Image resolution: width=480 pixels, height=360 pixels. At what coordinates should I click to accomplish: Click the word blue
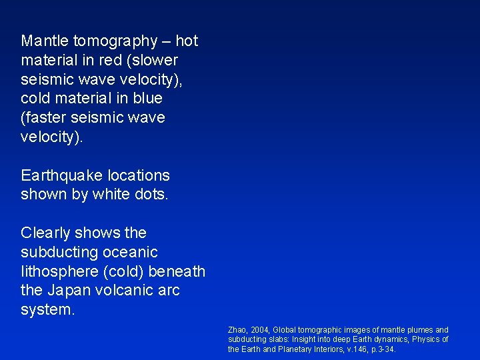pos(147,99)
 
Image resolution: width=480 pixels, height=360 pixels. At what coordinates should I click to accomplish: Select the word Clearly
pos(46,233)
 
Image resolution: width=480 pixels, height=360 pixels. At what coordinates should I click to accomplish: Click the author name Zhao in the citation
pos(237,330)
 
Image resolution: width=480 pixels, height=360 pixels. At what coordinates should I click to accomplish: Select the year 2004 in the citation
pos(259,330)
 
